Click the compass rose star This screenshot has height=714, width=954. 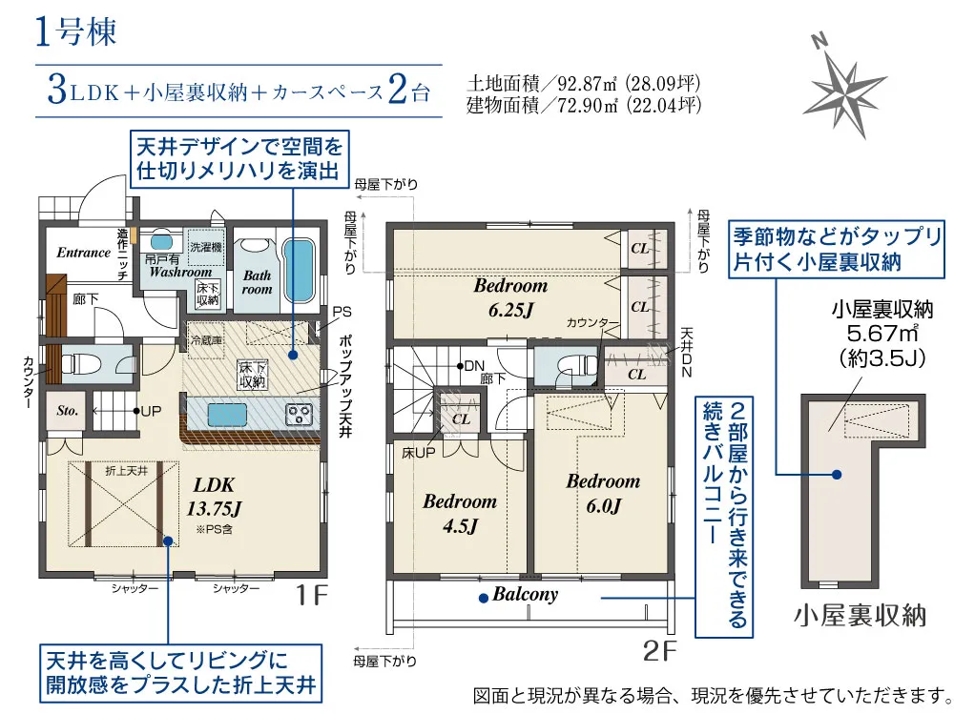(x=843, y=91)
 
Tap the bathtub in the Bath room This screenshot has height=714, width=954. (x=297, y=270)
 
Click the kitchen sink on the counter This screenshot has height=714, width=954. (x=227, y=414)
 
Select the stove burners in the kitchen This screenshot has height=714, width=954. (x=299, y=414)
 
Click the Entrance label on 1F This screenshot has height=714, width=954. (x=83, y=253)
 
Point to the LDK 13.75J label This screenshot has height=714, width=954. (x=214, y=497)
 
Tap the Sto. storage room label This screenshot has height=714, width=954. (x=67, y=411)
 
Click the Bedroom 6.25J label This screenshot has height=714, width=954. (x=510, y=297)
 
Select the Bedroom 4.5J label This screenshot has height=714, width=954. (x=460, y=513)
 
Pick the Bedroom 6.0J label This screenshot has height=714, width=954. (x=603, y=493)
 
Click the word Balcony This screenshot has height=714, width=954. (x=525, y=594)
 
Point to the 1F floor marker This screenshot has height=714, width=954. (x=311, y=595)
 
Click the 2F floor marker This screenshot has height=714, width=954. (x=660, y=651)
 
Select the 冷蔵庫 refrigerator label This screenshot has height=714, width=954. (x=206, y=340)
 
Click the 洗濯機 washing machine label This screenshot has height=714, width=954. (x=206, y=247)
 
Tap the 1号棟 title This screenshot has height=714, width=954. (x=75, y=31)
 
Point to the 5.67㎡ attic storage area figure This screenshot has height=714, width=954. (x=881, y=333)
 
